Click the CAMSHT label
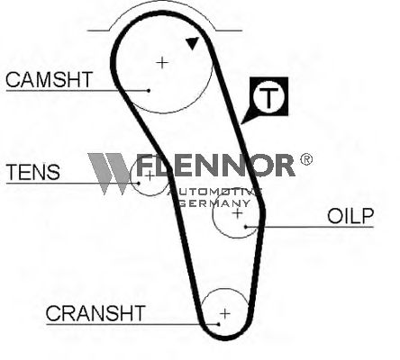tap(49, 79)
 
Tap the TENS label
tap(33, 172)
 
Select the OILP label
tap(350, 216)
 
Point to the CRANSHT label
tap(95, 313)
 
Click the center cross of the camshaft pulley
tap(162, 63)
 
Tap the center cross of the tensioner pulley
tap(150, 175)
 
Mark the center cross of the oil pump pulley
tap(237, 213)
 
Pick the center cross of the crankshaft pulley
tap(225, 314)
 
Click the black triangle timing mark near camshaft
tap(193, 43)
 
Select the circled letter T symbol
tap(268, 96)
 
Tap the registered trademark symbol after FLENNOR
tap(306, 159)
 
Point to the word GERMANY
tap(214, 203)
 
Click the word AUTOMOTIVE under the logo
tap(214, 192)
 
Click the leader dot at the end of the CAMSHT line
tap(149, 90)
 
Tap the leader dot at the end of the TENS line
tap(139, 183)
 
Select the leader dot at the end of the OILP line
tap(246, 227)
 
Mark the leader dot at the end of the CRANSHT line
tap(219, 324)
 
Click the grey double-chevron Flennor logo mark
tap(110, 174)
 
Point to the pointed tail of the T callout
tap(241, 123)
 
